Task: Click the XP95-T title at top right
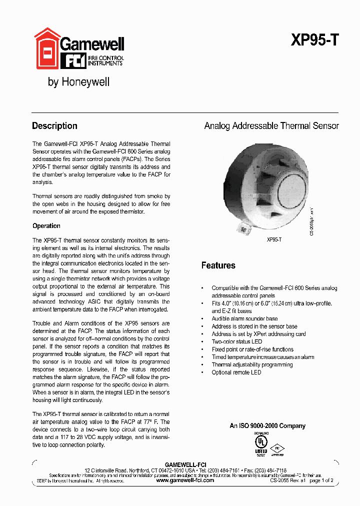[314, 40]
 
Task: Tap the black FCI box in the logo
[73, 61]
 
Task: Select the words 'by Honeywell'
[78, 82]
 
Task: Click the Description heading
[54, 126]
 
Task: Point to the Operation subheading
[46, 226]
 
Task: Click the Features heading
[218, 265]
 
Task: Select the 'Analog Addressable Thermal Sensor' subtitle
[271, 126]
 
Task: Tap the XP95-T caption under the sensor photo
[274, 239]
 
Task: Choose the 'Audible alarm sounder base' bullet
[244, 318]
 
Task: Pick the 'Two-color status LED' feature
[236, 341]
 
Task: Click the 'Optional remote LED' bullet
[236, 372]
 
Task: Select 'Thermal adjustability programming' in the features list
[252, 364]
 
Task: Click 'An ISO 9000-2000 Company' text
[267, 426]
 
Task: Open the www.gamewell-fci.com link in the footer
[185, 480]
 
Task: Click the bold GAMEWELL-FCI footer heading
[185, 464]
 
